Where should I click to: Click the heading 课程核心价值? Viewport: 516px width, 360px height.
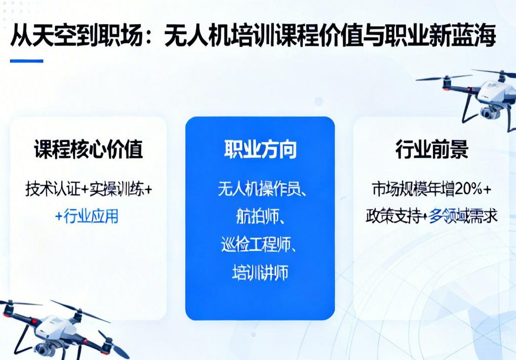click(88, 150)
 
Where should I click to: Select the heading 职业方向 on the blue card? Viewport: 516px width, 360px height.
click(260, 150)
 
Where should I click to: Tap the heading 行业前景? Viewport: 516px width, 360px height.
click(431, 150)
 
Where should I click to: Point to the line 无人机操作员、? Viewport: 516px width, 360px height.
click(260, 189)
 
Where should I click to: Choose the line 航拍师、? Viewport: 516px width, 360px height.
click(260, 217)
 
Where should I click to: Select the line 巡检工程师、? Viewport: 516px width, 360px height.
click(260, 245)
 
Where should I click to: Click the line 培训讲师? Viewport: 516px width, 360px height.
click(260, 272)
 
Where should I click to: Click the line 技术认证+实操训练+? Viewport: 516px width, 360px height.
click(88, 189)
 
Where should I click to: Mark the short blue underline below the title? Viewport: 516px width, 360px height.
click(26, 61)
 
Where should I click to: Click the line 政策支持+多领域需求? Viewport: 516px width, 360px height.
click(431, 216)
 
